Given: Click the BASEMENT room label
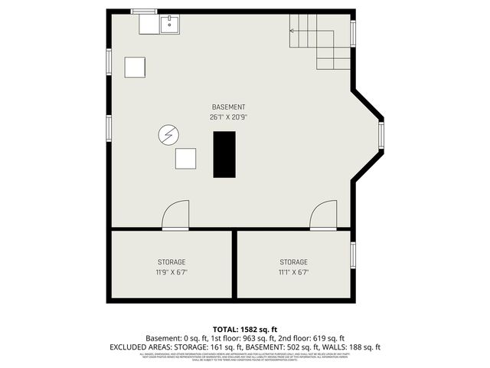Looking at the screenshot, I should pyautogui.click(x=229, y=107).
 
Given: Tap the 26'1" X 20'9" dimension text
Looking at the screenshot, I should pyautogui.click(x=229, y=117).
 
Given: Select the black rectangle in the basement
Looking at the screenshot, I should pyautogui.click(x=224, y=154).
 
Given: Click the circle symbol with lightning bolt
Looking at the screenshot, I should pyautogui.click(x=168, y=136).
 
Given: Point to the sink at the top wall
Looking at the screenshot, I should pyautogui.click(x=169, y=25).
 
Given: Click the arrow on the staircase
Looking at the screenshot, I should pyautogui.click(x=292, y=31).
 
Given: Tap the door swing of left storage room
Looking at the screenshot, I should pyautogui.click(x=177, y=215).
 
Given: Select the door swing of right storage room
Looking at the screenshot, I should pyautogui.click(x=323, y=215).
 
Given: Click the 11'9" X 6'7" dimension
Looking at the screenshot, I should pyautogui.click(x=171, y=271).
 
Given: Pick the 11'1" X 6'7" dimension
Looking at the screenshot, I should pyautogui.click(x=293, y=271).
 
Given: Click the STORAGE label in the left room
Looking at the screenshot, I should pyautogui.click(x=171, y=261).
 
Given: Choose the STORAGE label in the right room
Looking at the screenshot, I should pyautogui.click(x=293, y=261).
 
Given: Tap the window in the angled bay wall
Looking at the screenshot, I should pyautogui.click(x=381, y=136).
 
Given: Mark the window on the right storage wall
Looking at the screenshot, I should pyautogui.click(x=353, y=258).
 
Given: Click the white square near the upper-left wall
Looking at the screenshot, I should pyautogui.click(x=136, y=67).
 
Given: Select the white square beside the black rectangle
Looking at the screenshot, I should pyautogui.click(x=186, y=159).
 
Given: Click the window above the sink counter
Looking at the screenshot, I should pyautogui.click(x=142, y=11).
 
